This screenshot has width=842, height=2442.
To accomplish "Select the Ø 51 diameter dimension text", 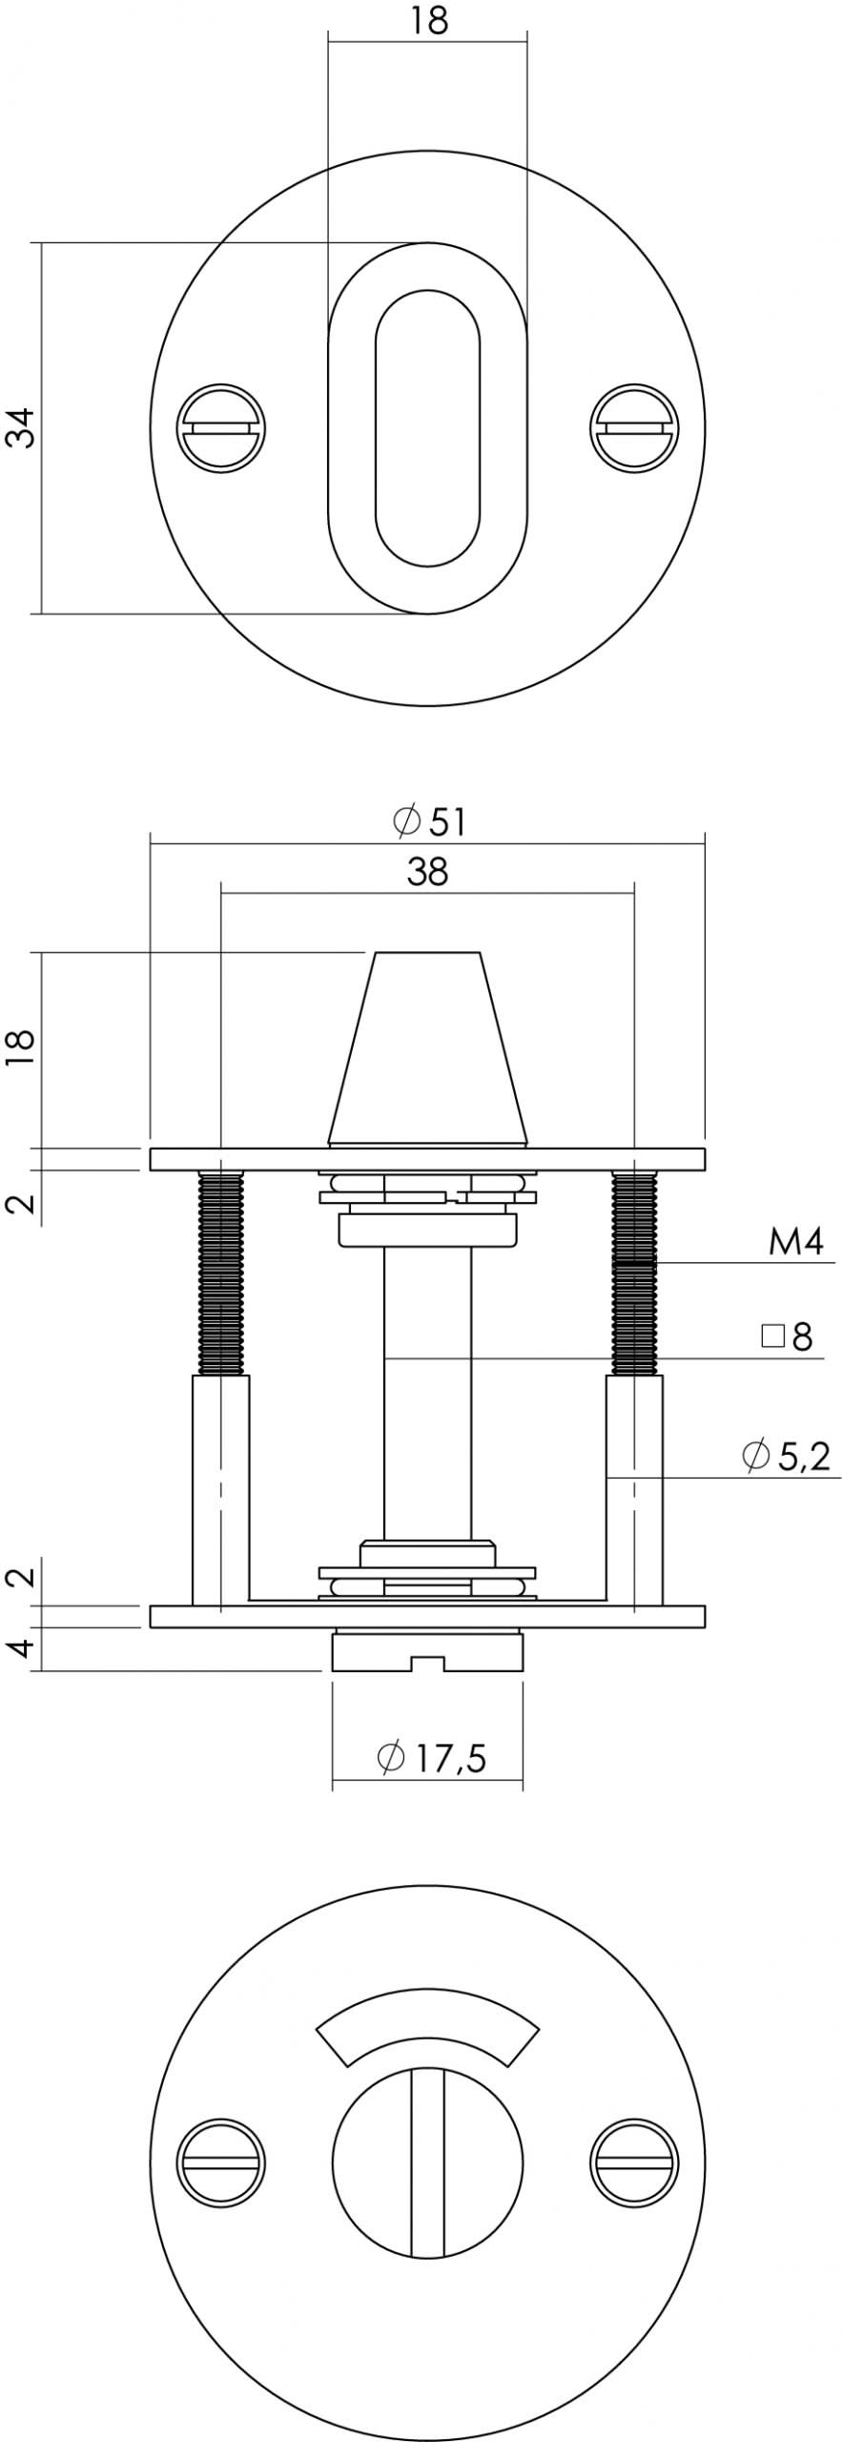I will point(431,821).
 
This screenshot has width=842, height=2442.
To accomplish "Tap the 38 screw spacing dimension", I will point(427,871).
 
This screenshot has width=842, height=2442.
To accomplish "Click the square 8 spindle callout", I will point(789,1337).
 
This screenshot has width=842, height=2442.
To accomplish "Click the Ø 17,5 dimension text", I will point(432,1757).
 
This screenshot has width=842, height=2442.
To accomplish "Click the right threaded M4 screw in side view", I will point(635,1273).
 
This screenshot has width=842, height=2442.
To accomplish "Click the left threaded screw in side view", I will point(221,1273).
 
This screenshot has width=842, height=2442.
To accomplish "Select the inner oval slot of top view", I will point(427,427).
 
